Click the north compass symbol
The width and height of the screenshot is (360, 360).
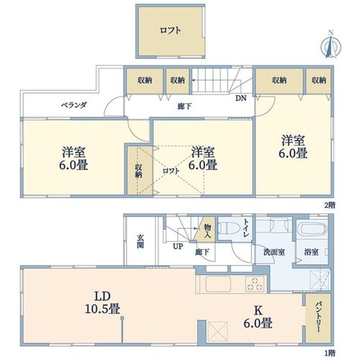(x=331, y=45)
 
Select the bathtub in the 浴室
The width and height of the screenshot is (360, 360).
(x=312, y=228)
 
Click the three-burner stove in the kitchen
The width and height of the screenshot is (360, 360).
(x=255, y=284)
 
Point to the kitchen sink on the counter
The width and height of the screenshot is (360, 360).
(x=218, y=284)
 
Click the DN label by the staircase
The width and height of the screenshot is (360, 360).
(x=240, y=98)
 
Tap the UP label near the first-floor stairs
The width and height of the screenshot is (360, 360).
(x=178, y=246)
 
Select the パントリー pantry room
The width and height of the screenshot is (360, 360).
(x=318, y=318)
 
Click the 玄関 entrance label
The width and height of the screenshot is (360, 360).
(x=140, y=241)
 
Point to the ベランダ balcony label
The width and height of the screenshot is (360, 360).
(x=73, y=105)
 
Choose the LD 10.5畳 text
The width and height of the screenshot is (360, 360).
(x=102, y=302)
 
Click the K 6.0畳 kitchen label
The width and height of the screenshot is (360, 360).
(x=258, y=317)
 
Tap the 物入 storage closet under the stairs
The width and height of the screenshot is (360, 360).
(x=205, y=230)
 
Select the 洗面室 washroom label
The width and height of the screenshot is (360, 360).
(x=274, y=252)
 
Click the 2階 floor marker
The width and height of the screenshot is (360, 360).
(x=330, y=205)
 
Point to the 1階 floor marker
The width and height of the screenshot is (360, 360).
(x=330, y=353)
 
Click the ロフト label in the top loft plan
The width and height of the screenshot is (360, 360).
(x=170, y=30)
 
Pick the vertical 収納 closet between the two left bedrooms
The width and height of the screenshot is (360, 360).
(x=140, y=171)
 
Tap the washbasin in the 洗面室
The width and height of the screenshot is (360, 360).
(x=279, y=225)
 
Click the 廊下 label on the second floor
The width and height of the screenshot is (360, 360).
(x=184, y=107)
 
